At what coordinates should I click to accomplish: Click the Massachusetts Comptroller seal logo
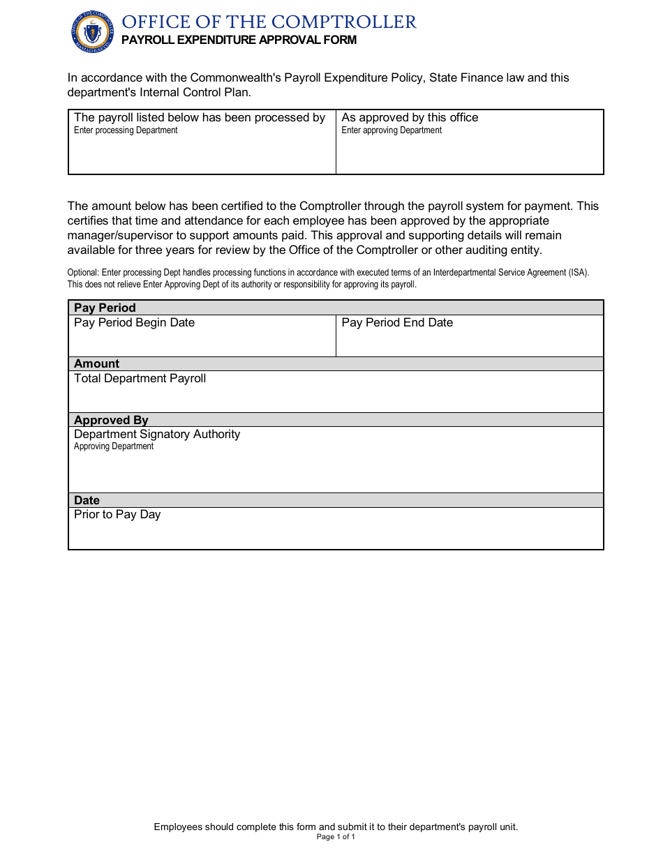pos(91,31)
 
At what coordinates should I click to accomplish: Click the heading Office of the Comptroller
pos(269,22)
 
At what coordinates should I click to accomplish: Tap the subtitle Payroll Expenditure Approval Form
pos(239,40)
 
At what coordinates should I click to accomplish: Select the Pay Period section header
pos(105,308)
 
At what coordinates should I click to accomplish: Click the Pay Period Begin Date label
pos(134,322)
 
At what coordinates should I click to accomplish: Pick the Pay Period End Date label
pos(397,322)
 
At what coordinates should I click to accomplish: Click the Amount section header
pos(96,363)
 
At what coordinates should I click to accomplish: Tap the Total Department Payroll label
pos(140,378)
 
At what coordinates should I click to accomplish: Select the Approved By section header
pos(111,420)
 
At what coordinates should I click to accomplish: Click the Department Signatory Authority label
pos(157,434)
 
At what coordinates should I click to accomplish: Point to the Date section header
pos(87,500)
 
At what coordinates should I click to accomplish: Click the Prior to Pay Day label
pos(117,514)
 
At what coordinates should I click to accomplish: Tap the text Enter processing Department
pos(126,130)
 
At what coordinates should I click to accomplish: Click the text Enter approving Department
pos(392,130)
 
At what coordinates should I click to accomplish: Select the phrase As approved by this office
pos(410,117)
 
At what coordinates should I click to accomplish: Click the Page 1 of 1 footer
pos(336,837)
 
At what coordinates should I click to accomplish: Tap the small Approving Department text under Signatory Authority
pos(114,446)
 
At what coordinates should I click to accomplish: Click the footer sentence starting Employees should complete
pos(336,827)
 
